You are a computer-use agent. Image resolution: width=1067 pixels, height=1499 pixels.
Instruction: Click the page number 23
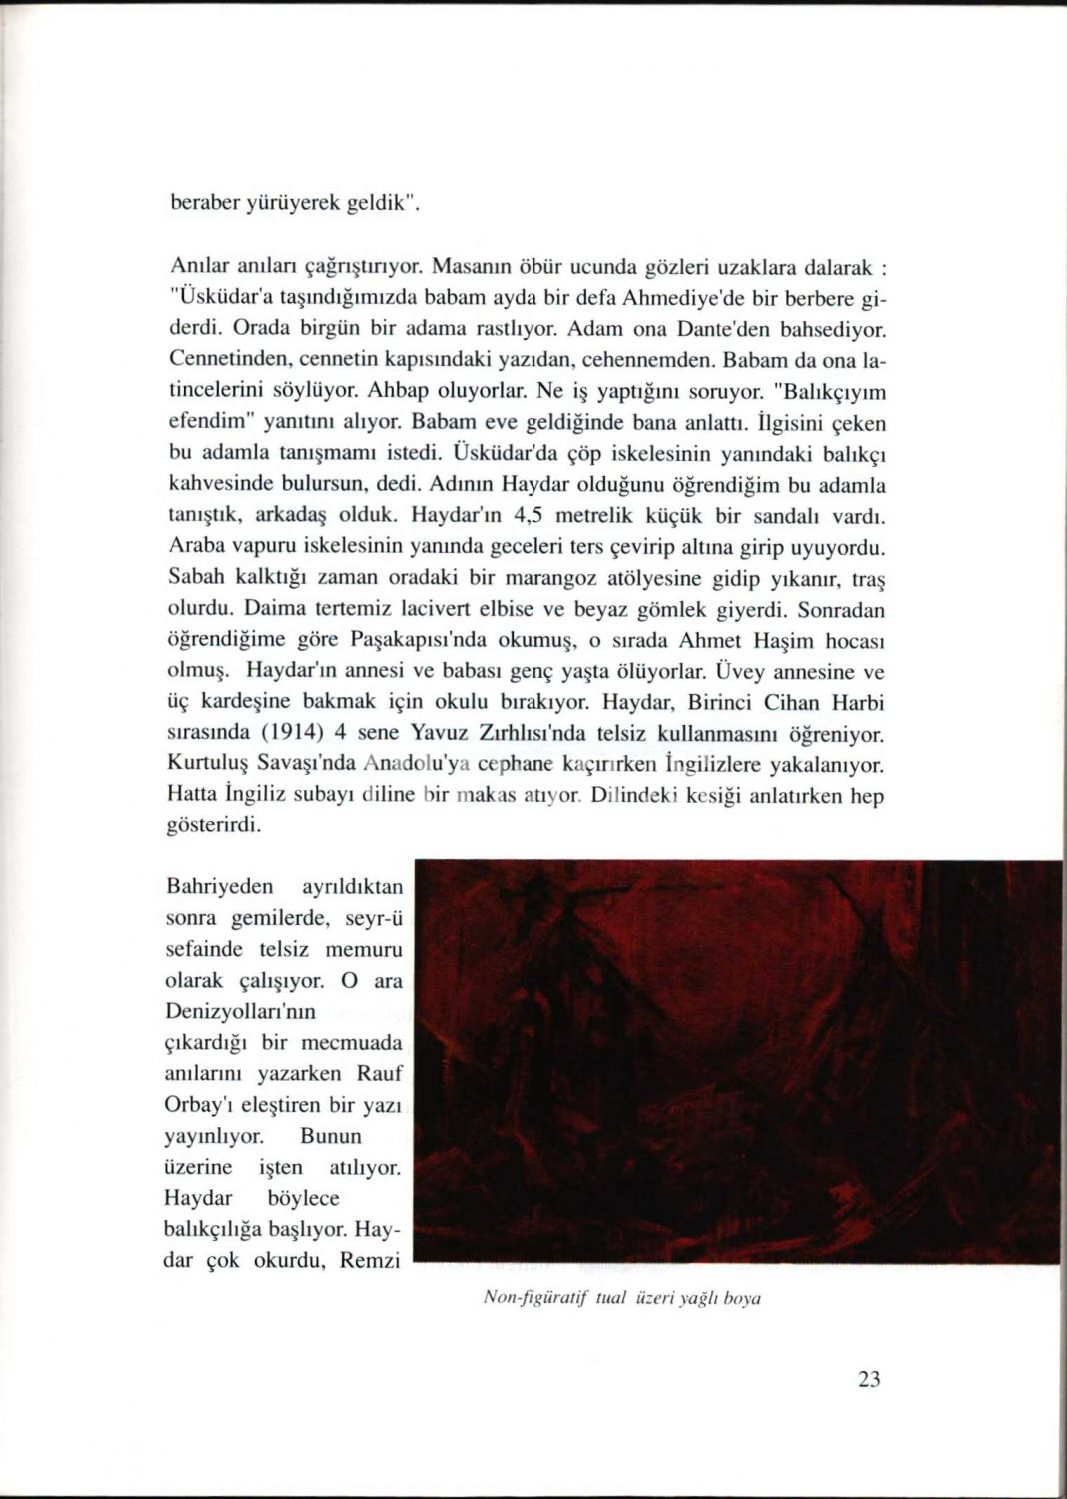click(868, 1380)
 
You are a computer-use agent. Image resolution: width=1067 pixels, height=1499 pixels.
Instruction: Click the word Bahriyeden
click(216, 887)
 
